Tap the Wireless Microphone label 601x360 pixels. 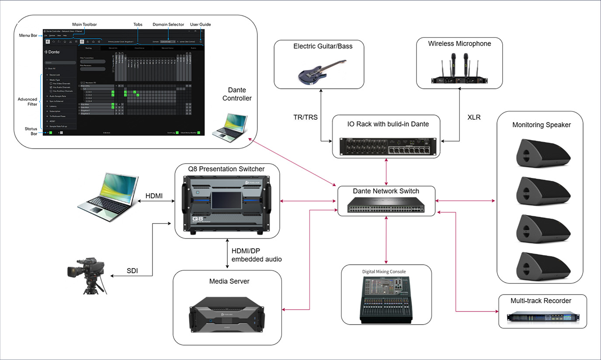click(459, 44)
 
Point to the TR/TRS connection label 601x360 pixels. click(306, 118)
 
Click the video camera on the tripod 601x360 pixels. click(87, 273)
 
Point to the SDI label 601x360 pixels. click(132, 271)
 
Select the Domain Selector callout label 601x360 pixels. click(168, 24)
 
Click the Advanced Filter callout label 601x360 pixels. click(28, 101)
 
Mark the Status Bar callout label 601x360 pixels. click(30, 131)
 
